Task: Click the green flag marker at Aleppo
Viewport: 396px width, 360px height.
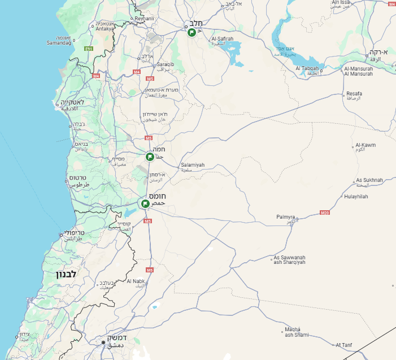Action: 192,32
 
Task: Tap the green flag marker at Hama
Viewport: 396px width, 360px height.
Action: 150,157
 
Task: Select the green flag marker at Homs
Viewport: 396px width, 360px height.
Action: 145,203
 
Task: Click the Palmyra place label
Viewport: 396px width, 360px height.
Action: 286,217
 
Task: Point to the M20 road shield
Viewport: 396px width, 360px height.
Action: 324,212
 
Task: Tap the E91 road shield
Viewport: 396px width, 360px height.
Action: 88,49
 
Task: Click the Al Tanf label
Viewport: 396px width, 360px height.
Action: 344,344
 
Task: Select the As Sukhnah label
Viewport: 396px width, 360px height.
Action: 369,180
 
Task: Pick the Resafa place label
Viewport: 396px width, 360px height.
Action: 354,94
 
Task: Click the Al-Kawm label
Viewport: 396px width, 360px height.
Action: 365,145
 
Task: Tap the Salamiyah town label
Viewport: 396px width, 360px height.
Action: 193,165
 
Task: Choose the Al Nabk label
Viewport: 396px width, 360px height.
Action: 136,281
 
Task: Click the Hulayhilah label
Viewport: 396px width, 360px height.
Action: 356,197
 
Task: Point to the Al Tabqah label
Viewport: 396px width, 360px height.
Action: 307,68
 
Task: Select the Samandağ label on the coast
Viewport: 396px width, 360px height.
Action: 59,43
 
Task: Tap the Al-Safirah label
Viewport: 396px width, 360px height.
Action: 222,39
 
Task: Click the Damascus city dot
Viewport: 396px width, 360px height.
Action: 103,342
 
